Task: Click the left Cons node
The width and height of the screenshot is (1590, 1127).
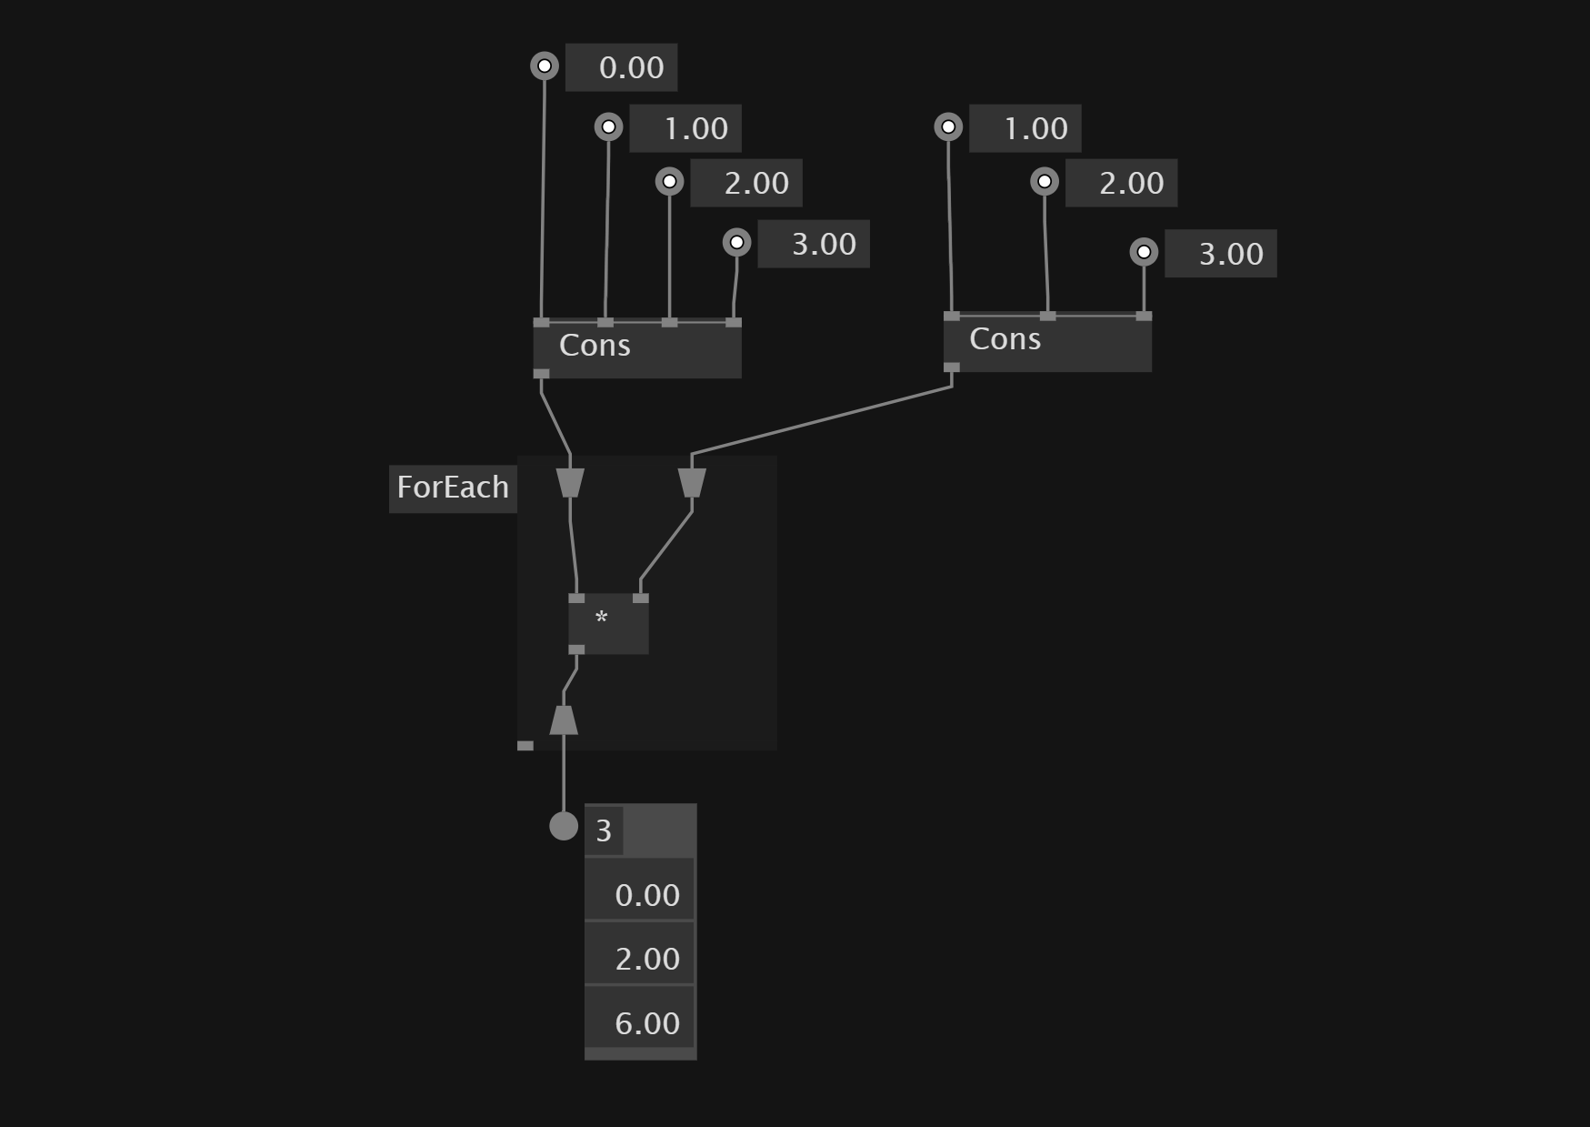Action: click(x=636, y=347)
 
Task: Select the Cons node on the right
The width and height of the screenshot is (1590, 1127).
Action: click(x=1046, y=341)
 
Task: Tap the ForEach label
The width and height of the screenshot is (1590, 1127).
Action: click(x=453, y=488)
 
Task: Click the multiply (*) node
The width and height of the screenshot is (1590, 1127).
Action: click(x=608, y=623)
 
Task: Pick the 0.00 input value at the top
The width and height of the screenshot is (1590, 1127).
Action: click(x=622, y=67)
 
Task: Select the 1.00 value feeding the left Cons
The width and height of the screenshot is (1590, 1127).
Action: click(x=685, y=128)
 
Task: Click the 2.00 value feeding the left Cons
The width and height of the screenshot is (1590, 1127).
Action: click(x=746, y=183)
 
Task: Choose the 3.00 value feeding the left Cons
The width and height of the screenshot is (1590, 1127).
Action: click(x=814, y=244)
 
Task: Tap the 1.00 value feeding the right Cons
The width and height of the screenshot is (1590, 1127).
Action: click(x=1025, y=128)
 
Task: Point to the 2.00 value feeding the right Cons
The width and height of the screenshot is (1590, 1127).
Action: click(x=1122, y=183)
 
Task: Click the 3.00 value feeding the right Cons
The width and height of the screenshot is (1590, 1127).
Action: click(x=1221, y=254)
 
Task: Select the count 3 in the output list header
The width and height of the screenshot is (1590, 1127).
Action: click(x=604, y=831)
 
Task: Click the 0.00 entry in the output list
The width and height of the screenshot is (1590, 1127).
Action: click(x=640, y=895)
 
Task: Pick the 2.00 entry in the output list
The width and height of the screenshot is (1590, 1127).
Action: click(x=640, y=959)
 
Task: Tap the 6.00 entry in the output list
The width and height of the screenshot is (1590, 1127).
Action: click(x=640, y=1023)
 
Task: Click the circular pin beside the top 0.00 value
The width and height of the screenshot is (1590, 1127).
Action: click(x=545, y=65)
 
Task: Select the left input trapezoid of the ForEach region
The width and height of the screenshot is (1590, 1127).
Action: click(x=570, y=483)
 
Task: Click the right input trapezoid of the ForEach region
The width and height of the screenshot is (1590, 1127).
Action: click(x=692, y=483)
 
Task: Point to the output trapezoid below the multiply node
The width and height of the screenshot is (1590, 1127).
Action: click(x=564, y=719)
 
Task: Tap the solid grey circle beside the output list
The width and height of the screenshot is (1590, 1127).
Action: click(x=564, y=826)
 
